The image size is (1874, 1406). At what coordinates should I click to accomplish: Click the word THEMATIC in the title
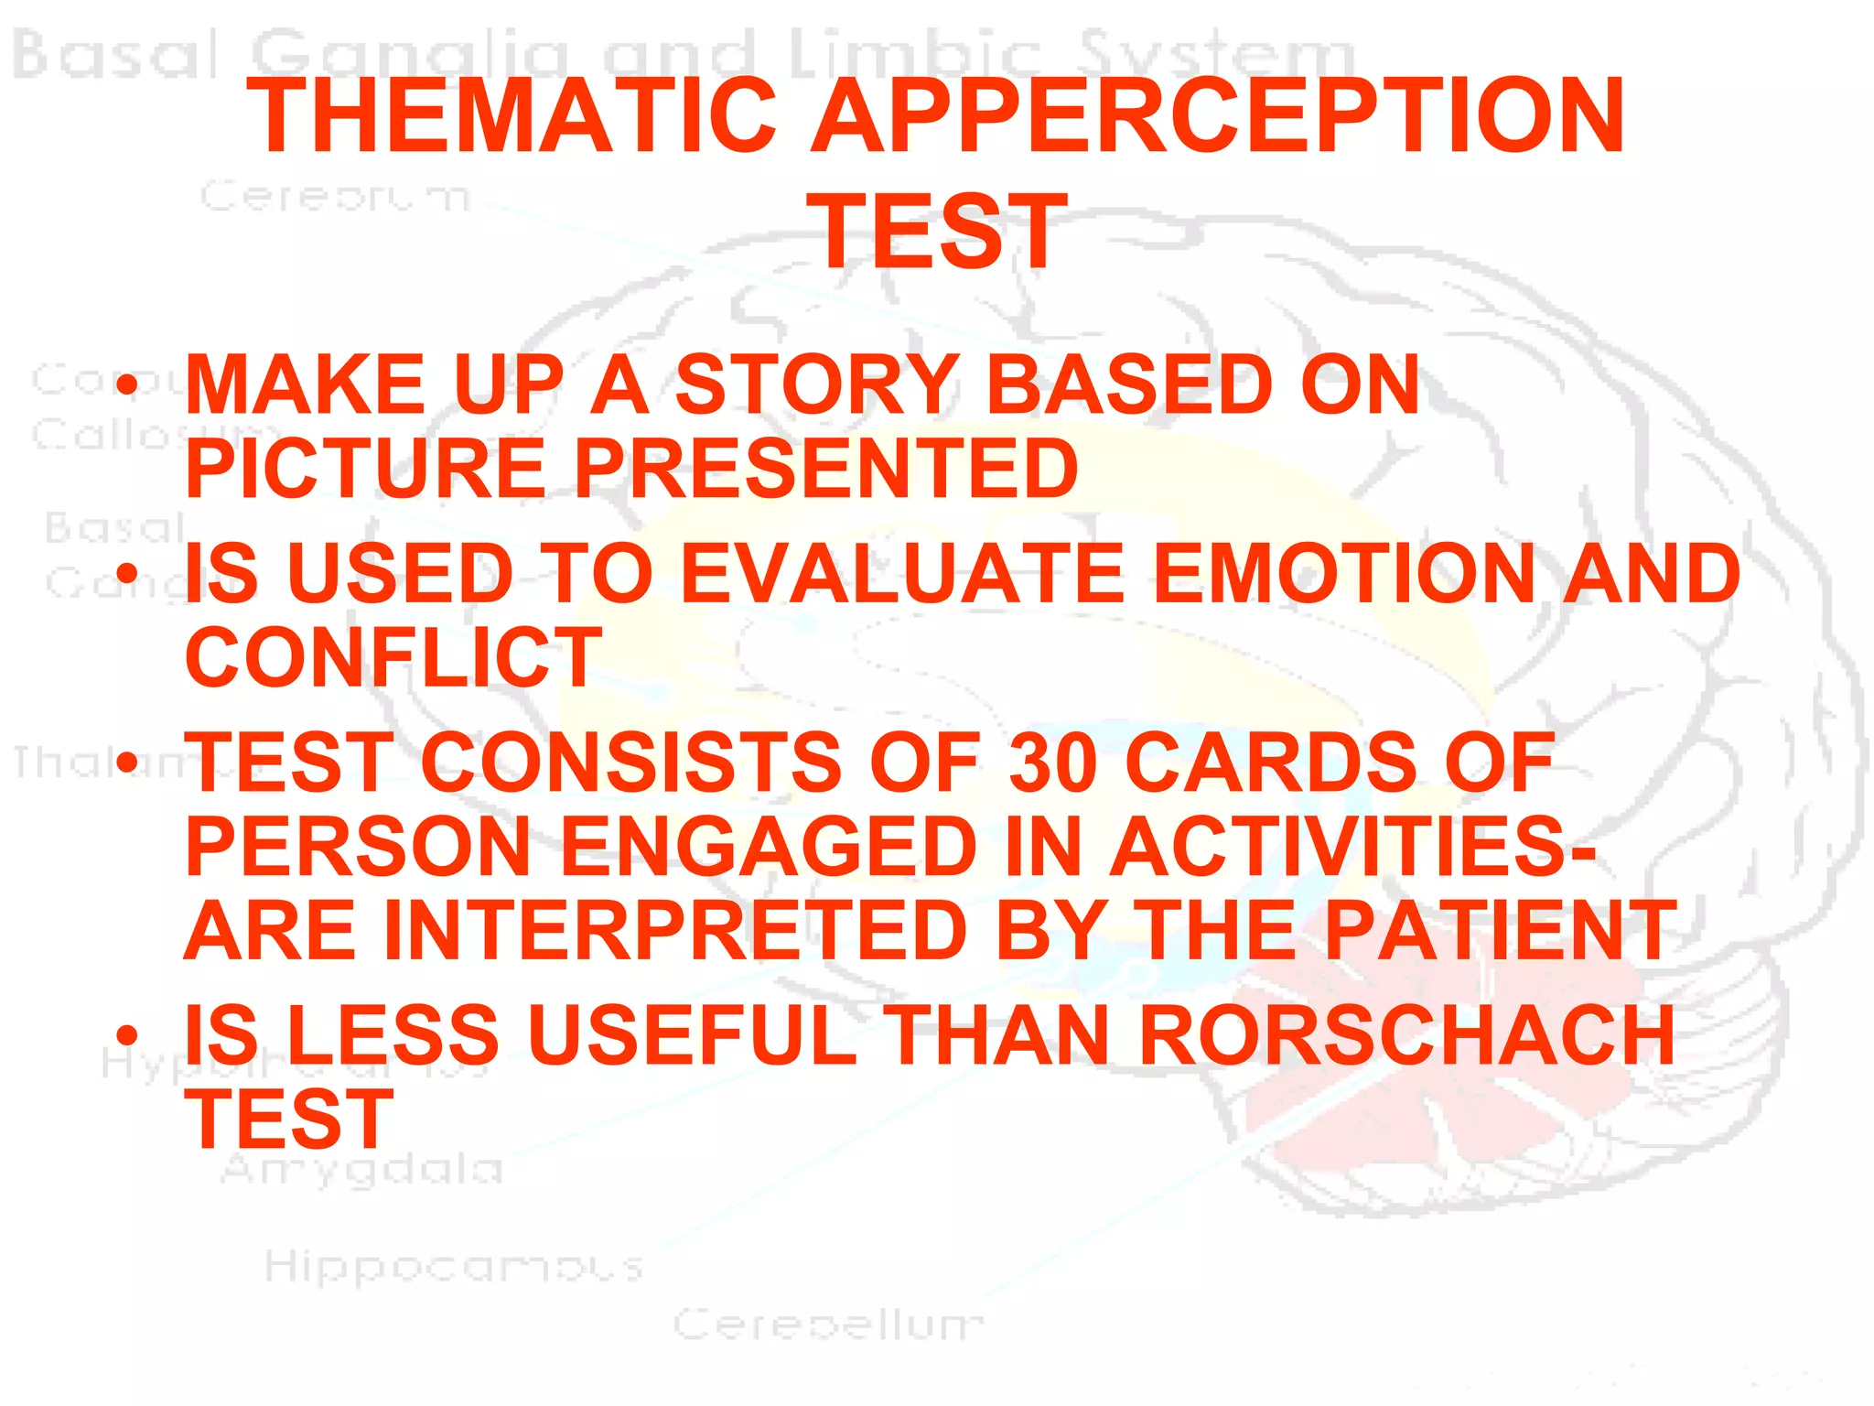pyautogui.click(x=512, y=116)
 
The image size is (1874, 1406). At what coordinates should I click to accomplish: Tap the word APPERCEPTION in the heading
pyautogui.click(x=1219, y=116)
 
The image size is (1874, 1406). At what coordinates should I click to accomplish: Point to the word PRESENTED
pyautogui.click(x=826, y=468)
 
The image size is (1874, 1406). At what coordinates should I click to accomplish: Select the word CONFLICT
pyautogui.click(x=393, y=657)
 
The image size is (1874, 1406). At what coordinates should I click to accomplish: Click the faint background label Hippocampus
pyautogui.click(x=454, y=1268)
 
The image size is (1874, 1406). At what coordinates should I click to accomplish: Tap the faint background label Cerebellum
pyautogui.click(x=828, y=1325)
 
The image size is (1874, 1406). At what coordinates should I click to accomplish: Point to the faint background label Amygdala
pyautogui.click(x=362, y=1170)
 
